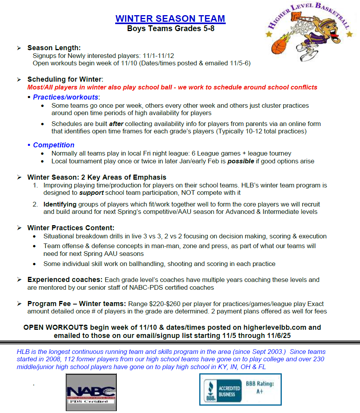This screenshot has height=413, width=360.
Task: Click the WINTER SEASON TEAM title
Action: [170, 18]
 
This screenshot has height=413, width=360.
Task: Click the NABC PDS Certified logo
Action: [91, 392]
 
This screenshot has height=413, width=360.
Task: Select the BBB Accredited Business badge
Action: [223, 390]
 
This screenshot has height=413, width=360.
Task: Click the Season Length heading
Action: [54, 48]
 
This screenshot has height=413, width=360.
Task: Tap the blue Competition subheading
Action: [53, 145]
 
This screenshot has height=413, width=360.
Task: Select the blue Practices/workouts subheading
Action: [65, 97]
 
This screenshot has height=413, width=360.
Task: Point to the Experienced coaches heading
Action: [65, 280]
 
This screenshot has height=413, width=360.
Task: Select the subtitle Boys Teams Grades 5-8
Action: [170, 28]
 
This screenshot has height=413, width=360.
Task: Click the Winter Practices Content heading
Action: [71, 228]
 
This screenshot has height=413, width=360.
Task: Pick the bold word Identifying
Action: [60, 204]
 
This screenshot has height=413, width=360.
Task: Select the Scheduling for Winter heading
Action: [64, 79]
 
